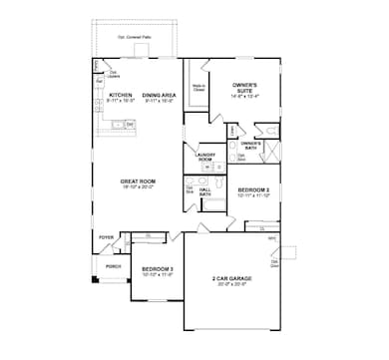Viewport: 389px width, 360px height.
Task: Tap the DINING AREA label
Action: point(160,96)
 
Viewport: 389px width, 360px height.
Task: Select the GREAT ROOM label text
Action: point(138,180)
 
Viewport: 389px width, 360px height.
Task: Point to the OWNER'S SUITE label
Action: point(245,87)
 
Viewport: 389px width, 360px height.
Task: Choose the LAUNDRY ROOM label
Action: point(204,157)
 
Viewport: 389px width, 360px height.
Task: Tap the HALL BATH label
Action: point(205,190)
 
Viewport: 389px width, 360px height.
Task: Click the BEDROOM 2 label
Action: point(253,189)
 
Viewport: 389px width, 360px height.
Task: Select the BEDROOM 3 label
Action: point(157,269)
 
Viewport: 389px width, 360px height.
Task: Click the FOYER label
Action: point(106,237)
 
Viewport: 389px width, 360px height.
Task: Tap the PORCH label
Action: point(113,266)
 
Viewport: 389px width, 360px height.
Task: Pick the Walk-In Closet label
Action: point(198,88)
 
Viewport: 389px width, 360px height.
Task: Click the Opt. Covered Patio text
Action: point(136,36)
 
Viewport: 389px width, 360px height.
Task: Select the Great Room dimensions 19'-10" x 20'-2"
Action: point(138,186)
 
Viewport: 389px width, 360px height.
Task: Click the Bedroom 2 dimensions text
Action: point(253,195)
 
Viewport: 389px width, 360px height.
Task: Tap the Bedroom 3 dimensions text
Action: point(157,275)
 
